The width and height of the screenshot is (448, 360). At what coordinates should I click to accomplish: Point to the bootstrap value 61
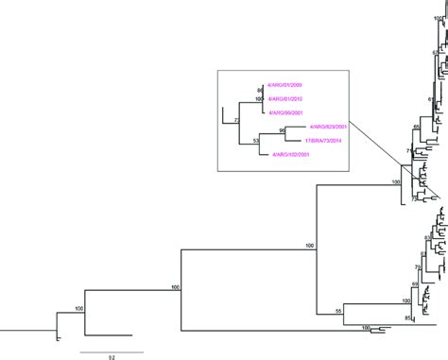430,97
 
